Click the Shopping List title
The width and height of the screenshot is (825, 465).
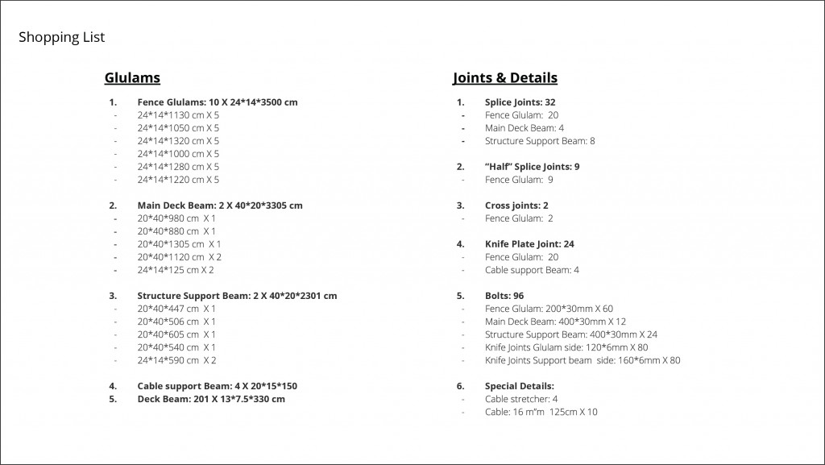click(x=61, y=37)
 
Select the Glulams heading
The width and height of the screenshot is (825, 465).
click(x=132, y=78)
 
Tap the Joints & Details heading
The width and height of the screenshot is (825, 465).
click(x=505, y=78)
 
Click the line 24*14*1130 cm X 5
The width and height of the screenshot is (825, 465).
click(x=178, y=115)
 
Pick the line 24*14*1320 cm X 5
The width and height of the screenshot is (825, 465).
click(x=178, y=141)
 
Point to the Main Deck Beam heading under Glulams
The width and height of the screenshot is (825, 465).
click(x=220, y=206)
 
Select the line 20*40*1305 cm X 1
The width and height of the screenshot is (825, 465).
click(x=179, y=244)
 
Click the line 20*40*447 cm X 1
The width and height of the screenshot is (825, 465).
click(x=176, y=309)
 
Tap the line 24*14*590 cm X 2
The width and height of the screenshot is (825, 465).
click(x=176, y=360)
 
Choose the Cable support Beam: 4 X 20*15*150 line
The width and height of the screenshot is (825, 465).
click(x=217, y=386)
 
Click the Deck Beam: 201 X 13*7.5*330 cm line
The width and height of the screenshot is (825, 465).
click(x=211, y=399)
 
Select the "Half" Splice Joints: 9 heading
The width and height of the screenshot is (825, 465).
click(x=532, y=167)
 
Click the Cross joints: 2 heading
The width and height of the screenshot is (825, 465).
click(x=517, y=206)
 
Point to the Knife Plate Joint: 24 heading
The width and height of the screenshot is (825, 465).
click(x=529, y=244)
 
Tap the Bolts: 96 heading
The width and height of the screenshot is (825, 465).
click(x=504, y=296)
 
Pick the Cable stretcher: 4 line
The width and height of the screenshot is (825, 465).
click(x=521, y=399)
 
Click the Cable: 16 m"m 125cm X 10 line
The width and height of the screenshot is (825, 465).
click(x=541, y=412)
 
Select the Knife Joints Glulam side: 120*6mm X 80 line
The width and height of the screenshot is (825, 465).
click(x=566, y=347)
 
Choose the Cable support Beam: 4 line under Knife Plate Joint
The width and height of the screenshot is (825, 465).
click(x=532, y=270)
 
